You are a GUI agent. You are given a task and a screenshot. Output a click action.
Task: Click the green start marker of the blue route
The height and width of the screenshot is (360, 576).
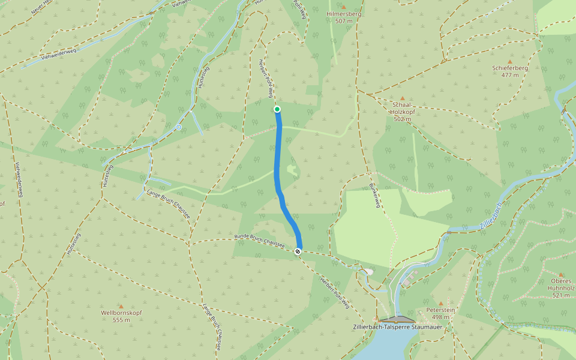coord(277,109)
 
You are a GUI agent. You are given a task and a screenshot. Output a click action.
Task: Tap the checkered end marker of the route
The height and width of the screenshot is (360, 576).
coord(298,251)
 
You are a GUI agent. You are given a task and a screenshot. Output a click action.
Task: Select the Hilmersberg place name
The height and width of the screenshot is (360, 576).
coord(344,13)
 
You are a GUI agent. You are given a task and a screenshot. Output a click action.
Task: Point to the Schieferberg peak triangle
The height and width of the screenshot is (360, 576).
coord(510,61)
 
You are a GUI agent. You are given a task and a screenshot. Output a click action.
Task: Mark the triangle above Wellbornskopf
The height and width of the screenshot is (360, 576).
coord(121,306)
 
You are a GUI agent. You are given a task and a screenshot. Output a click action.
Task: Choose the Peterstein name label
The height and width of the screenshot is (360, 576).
coord(440,310)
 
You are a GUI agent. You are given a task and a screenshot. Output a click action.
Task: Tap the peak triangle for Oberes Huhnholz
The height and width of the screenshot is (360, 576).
coord(561,274)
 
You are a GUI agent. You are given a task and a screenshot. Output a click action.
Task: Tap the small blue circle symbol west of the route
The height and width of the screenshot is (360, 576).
coord(179,127)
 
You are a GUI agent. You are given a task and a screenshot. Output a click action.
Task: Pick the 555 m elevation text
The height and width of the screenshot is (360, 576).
coord(121,320)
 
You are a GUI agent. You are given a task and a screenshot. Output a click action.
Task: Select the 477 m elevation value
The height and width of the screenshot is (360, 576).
coord(510,75)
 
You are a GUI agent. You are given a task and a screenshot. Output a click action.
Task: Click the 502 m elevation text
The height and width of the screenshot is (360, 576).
coord(403,119)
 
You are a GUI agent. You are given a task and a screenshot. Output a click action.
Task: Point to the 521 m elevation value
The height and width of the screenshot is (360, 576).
coord(561,295)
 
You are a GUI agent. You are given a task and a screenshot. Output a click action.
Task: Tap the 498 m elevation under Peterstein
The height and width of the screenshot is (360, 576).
coord(440,317)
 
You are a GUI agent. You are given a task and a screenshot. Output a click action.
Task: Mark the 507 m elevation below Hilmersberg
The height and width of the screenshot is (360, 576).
coord(344,21)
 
